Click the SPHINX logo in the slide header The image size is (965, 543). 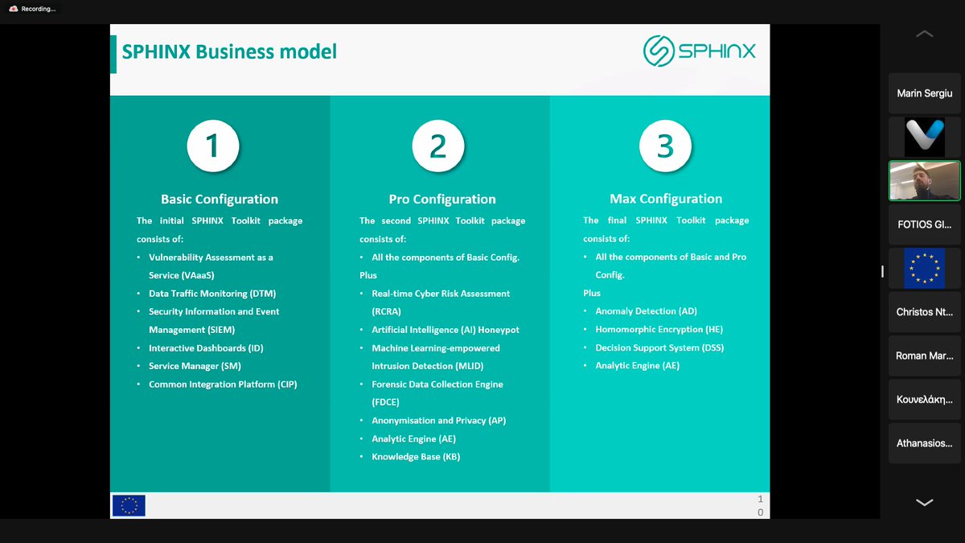(x=699, y=51)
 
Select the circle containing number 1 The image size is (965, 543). (x=212, y=146)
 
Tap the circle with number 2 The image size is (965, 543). (x=438, y=146)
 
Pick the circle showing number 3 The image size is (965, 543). (x=665, y=146)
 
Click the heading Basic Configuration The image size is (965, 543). (x=220, y=200)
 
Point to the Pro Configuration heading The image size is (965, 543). (x=442, y=200)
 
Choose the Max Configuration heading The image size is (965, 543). (x=666, y=199)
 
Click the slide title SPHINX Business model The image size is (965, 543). (x=229, y=52)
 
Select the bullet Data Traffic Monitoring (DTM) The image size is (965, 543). (x=212, y=294)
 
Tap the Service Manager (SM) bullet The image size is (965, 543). (x=195, y=366)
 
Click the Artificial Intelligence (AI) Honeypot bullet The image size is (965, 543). (x=446, y=330)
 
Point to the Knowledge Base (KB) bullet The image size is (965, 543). (x=416, y=457)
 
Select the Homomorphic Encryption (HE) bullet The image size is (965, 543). (x=659, y=330)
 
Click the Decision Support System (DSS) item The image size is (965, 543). (x=653, y=348)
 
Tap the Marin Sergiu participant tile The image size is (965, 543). (x=924, y=93)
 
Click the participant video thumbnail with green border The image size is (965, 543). (x=924, y=180)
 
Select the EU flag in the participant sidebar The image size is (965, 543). (x=924, y=268)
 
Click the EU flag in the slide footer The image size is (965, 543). (x=129, y=505)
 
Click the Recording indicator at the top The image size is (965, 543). (x=33, y=9)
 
